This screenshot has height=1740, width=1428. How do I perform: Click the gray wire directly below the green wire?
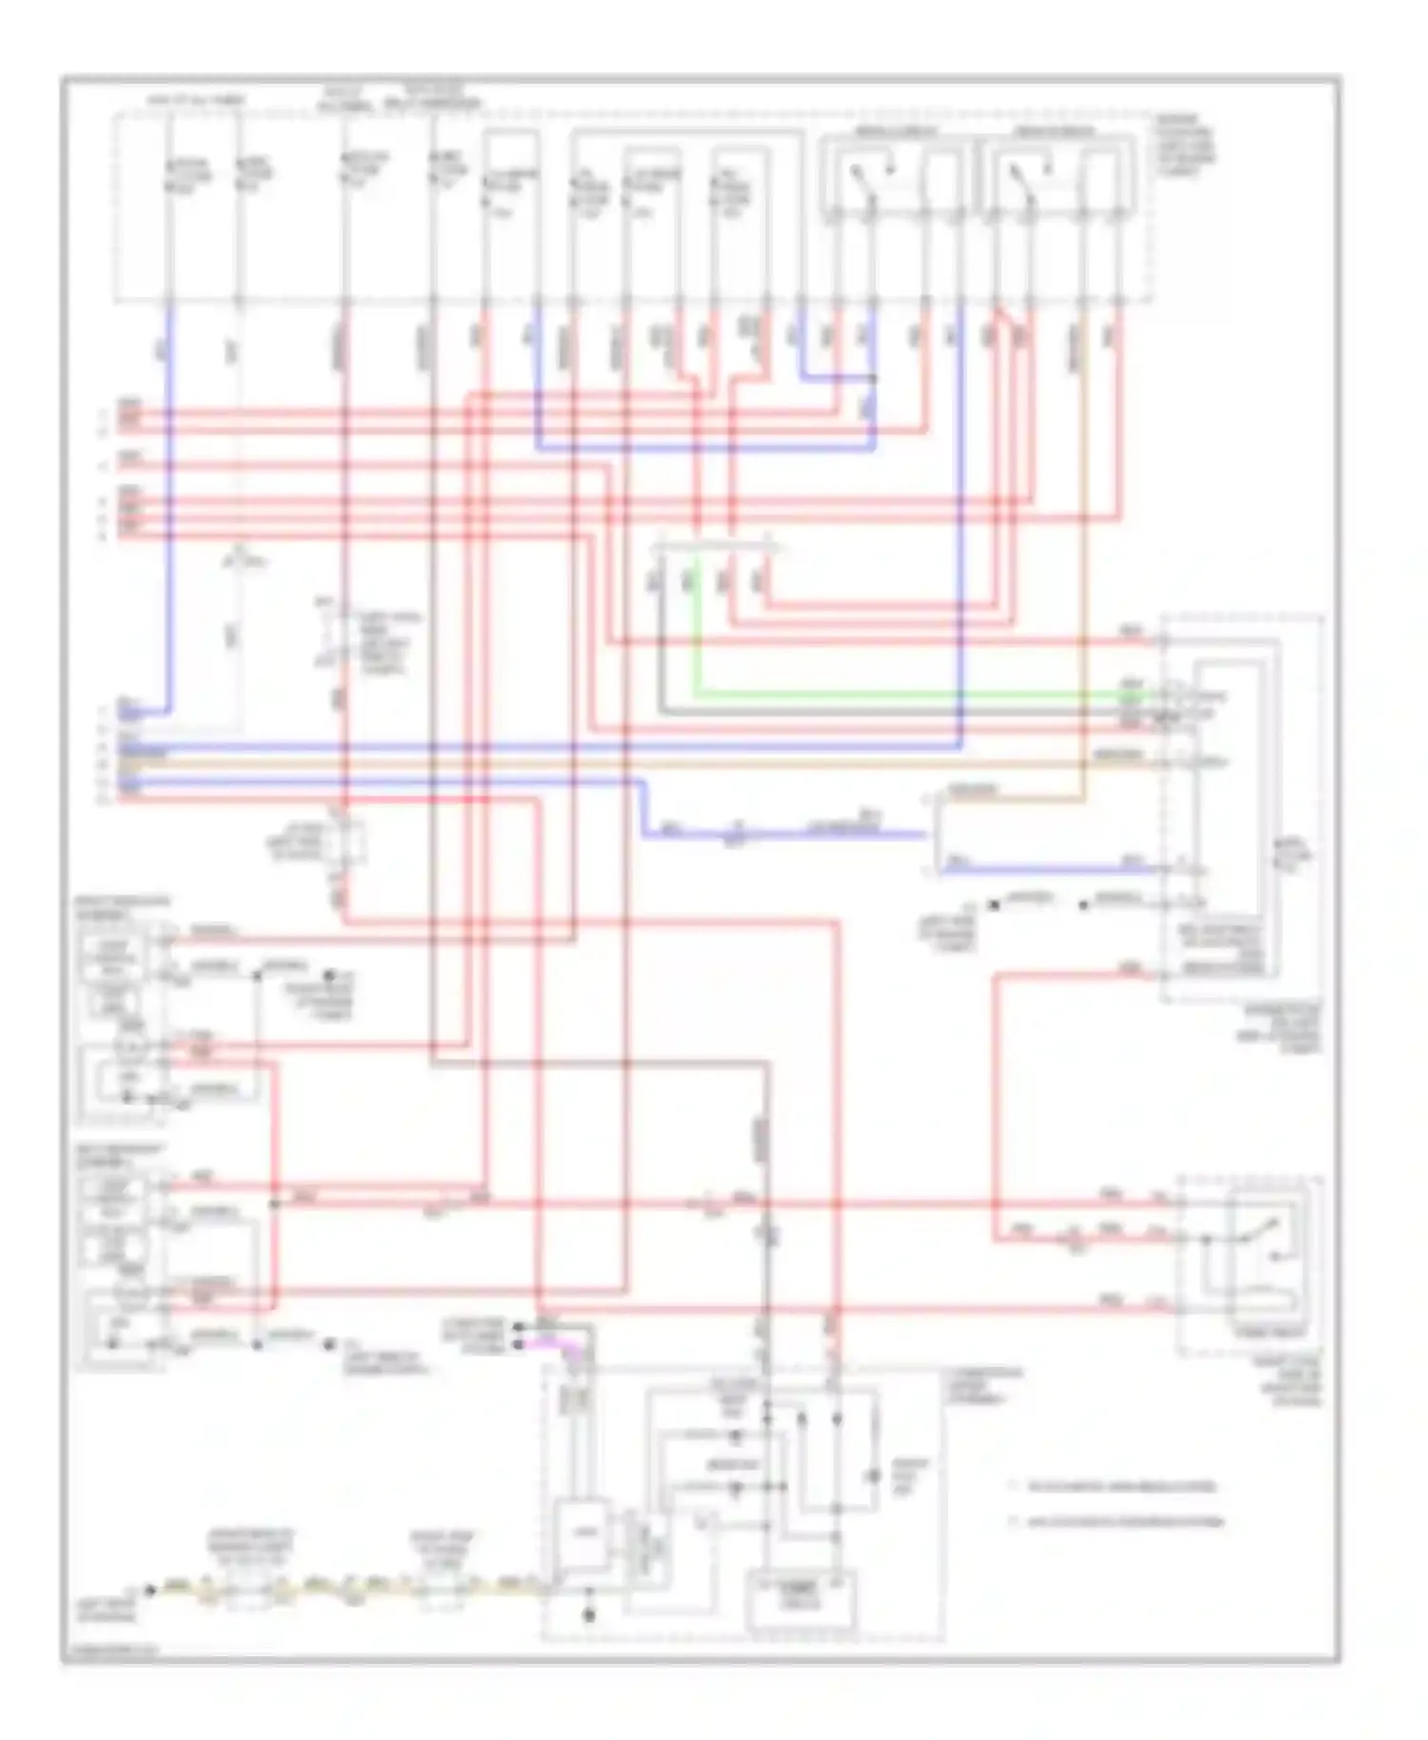click(904, 711)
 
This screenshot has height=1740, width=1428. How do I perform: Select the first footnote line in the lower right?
click(1114, 1486)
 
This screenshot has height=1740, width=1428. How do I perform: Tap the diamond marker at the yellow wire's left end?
click(149, 1589)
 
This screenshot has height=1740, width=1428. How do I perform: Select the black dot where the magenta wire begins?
click(518, 1344)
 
